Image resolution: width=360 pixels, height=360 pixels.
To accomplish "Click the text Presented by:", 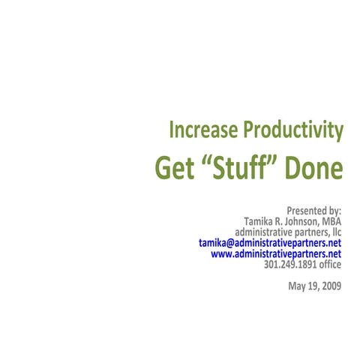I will (313, 211).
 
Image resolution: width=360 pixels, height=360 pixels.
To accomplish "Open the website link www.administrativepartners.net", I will (276, 253).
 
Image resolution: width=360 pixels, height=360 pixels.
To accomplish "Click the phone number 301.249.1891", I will (292, 264).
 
